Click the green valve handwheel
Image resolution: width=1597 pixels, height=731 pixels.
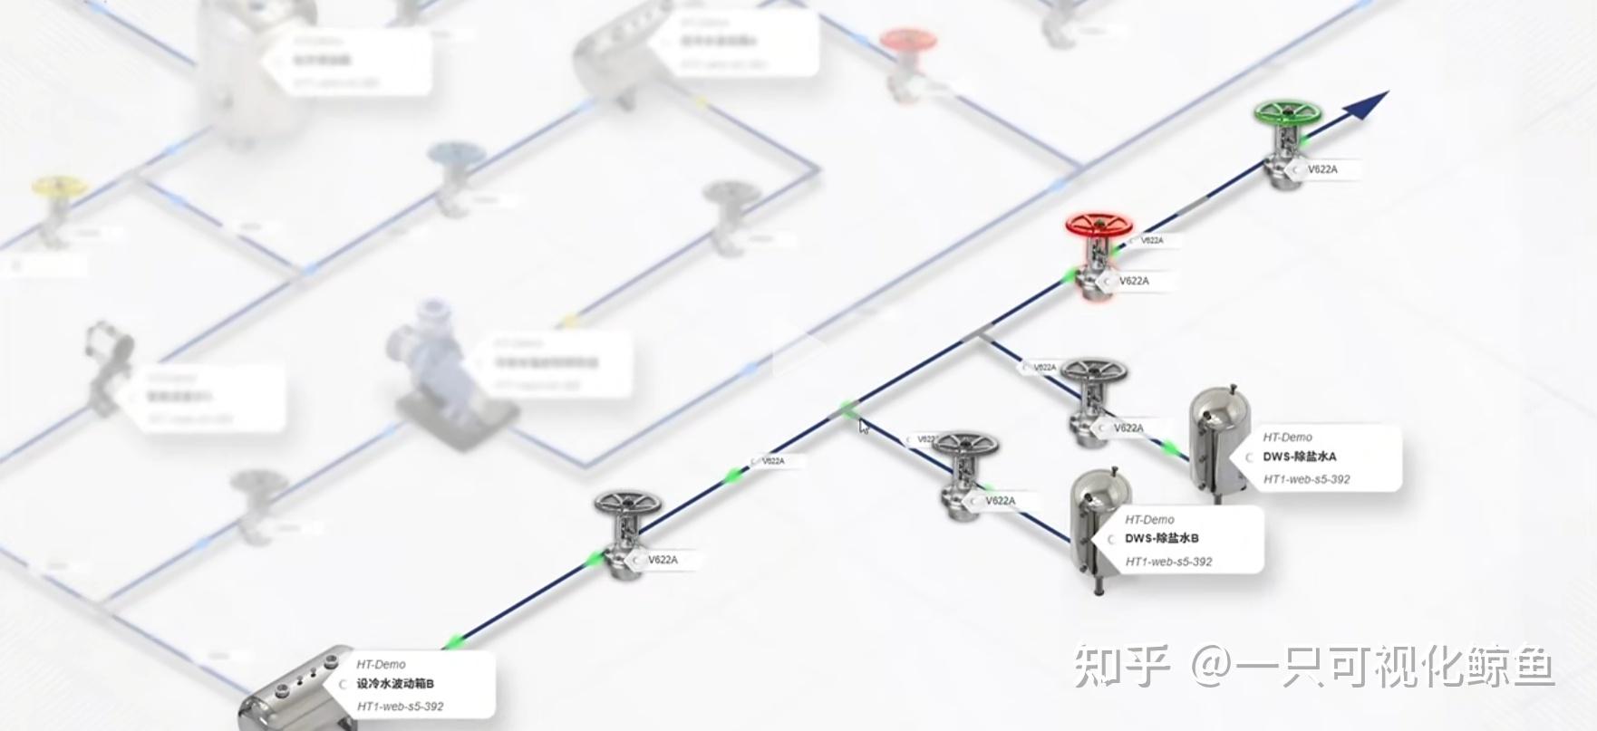coord(1287,114)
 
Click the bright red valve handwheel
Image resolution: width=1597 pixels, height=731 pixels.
coord(1099,224)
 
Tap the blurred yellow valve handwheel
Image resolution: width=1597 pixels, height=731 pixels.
coord(60,186)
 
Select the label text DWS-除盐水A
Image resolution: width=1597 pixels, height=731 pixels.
coord(1299,457)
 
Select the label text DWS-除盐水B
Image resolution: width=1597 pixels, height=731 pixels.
coord(1161,538)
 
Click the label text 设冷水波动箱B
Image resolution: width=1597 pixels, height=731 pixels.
coord(395,684)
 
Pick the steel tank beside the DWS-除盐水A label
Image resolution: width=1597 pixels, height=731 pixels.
coord(1217,442)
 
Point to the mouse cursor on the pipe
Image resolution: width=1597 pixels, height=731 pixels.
coord(864,426)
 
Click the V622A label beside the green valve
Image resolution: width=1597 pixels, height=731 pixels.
coord(1321,169)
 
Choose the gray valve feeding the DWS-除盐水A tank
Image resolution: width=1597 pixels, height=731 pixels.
coord(1094,399)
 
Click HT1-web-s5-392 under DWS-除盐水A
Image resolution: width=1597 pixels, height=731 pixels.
coord(1306,479)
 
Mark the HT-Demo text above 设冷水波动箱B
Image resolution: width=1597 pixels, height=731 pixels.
coord(381,664)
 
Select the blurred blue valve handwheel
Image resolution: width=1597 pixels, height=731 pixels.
coord(456,154)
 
